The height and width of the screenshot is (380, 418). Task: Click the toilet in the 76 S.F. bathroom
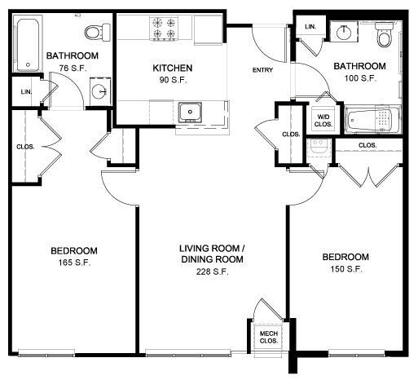pos(97,32)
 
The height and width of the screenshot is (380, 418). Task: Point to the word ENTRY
pos(263,70)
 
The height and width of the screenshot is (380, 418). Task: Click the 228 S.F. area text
pos(213,272)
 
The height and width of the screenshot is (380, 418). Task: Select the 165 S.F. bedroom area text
pos(73,262)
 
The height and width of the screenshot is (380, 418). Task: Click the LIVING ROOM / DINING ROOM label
pos(213,254)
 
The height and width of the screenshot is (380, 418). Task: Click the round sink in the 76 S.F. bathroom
pos(99,91)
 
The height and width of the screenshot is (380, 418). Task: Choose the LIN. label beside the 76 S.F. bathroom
pos(25,91)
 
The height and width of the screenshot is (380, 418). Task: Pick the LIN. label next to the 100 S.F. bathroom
pos(310,27)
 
